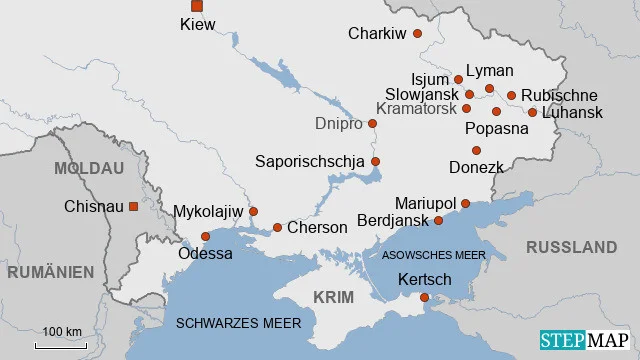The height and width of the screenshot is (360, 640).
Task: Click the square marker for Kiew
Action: click(196, 6)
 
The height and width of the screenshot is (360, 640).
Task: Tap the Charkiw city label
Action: click(377, 34)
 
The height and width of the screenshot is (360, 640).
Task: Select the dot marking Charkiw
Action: click(418, 34)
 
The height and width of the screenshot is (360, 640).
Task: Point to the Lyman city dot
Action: click(490, 89)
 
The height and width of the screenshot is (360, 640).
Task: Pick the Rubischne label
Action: click(561, 95)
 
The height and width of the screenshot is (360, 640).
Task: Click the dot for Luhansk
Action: click(532, 112)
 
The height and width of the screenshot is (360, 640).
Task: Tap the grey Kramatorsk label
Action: click(418, 108)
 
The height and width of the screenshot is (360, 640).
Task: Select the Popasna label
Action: click(496, 129)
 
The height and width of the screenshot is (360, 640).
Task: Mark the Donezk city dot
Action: click(477, 150)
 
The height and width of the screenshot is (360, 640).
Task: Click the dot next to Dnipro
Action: click(372, 124)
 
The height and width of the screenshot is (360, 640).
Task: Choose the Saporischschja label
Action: click(311, 161)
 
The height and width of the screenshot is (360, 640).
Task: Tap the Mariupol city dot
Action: click(465, 203)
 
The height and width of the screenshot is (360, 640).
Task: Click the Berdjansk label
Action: click(393, 220)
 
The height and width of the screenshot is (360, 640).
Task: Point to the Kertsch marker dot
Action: click(424, 297)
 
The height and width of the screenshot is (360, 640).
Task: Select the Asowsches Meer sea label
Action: click(434, 255)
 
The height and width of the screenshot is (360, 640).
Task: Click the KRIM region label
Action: click(333, 298)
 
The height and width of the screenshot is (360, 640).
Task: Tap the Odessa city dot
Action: click(206, 237)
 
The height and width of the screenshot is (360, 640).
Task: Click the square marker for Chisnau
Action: click(133, 206)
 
